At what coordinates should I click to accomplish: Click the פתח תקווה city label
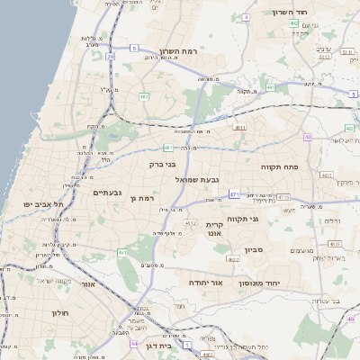[278, 167]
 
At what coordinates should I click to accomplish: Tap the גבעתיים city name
[107, 193]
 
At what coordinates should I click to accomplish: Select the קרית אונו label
[214, 229]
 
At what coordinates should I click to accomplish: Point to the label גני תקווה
[266, 219]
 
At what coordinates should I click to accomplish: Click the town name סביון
[252, 248]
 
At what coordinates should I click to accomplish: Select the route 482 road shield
[143, 96]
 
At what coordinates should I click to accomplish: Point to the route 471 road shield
[234, 193]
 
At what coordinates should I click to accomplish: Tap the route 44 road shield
[133, 343]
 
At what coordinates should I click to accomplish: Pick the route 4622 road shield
[233, 259]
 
